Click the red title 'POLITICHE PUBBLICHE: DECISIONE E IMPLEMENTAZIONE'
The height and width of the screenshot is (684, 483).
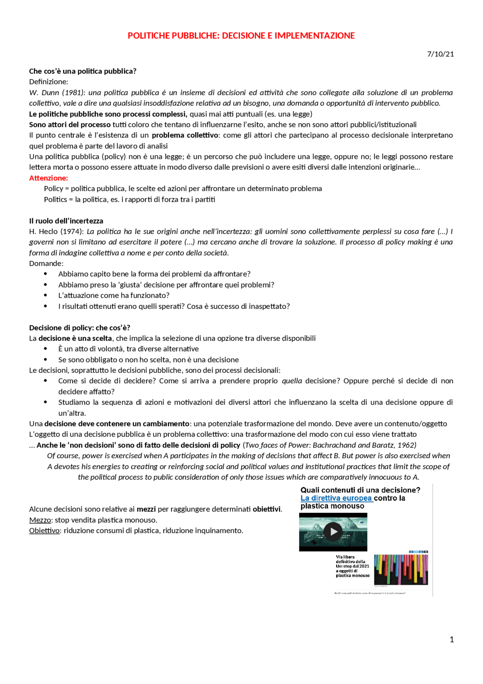coord(241,36)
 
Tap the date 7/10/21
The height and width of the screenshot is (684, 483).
coord(440,54)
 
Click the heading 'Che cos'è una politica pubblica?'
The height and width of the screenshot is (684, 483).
coord(83,71)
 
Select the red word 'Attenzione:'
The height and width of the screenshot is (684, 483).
coord(48,178)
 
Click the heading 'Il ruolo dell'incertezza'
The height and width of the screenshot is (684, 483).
coord(66,221)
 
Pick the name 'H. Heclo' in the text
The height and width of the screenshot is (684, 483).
coord(43,232)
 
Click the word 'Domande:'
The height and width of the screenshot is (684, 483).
coord(46,263)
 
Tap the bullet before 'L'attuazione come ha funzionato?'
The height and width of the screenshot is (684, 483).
coord(46,295)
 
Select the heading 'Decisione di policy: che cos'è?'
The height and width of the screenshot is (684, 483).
coord(80,327)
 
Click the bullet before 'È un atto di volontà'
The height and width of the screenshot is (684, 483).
coord(46,349)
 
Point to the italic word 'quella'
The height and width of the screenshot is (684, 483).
coord(292,381)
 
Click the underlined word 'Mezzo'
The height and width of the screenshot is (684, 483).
coord(40,520)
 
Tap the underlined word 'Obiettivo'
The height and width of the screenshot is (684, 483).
coord(44,531)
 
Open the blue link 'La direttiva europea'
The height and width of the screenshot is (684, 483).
coord(336,498)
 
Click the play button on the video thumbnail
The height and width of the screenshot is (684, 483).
coord(334,532)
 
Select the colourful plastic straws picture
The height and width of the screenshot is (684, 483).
coord(401,569)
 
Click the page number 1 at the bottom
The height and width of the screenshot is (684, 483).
coord(451,639)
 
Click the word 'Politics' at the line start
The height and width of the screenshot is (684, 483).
coord(55,199)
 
